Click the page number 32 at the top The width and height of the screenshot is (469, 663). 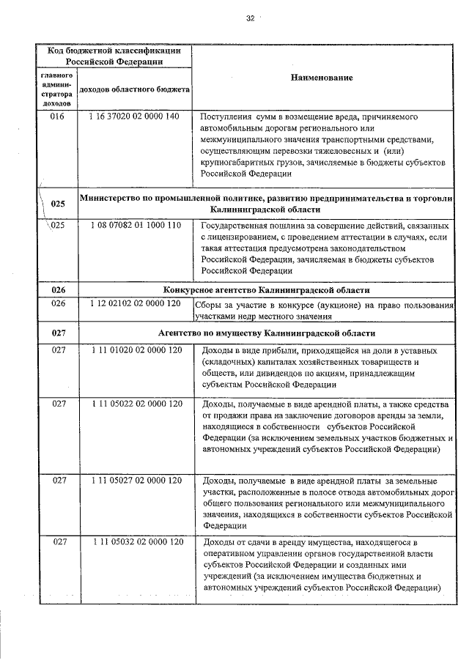pyautogui.click(x=250, y=18)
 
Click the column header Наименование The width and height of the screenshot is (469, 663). pyautogui.click(x=322, y=78)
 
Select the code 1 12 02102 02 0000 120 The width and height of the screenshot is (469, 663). pyautogui.click(x=136, y=303)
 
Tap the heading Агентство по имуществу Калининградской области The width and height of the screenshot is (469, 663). pyautogui.click(x=267, y=333)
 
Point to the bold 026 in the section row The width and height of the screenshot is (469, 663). pyautogui.click(x=59, y=290)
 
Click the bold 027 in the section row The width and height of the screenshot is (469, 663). pyautogui.click(x=59, y=333)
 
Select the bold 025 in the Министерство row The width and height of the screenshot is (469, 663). pyautogui.click(x=59, y=203)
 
